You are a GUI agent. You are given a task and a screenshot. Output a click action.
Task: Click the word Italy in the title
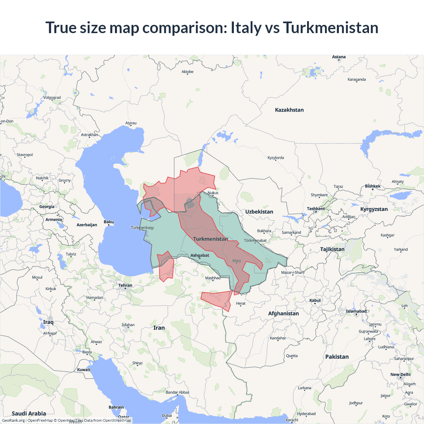[x=246, y=27]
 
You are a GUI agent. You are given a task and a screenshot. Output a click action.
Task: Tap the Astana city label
[x=339, y=57]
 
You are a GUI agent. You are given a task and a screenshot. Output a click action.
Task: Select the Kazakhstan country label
[x=289, y=110]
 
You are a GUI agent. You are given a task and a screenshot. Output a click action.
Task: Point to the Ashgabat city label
[x=200, y=255]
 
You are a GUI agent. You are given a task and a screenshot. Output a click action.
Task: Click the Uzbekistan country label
[x=259, y=212]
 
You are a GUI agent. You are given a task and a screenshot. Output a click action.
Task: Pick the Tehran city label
[x=125, y=285]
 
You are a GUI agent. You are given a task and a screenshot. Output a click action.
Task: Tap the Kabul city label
[x=315, y=300]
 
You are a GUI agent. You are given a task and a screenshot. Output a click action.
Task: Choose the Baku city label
[x=109, y=222]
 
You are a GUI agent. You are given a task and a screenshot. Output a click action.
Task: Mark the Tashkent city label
[x=316, y=209]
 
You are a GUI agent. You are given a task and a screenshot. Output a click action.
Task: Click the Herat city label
[x=240, y=303]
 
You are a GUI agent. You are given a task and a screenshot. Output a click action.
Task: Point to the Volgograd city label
[x=52, y=98]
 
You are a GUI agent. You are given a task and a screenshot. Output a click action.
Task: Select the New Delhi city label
[x=400, y=375]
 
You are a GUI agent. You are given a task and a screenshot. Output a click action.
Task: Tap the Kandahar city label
[x=278, y=338]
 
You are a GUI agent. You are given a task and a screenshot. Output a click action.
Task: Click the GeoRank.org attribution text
[x=13, y=420]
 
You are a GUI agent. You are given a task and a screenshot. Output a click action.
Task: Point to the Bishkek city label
[x=373, y=186]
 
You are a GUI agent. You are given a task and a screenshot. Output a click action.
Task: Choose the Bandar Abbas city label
[x=178, y=393]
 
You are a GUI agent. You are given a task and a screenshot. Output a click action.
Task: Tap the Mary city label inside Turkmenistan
[x=237, y=261]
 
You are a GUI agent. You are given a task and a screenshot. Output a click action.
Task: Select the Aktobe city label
[x=187, y=72]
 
